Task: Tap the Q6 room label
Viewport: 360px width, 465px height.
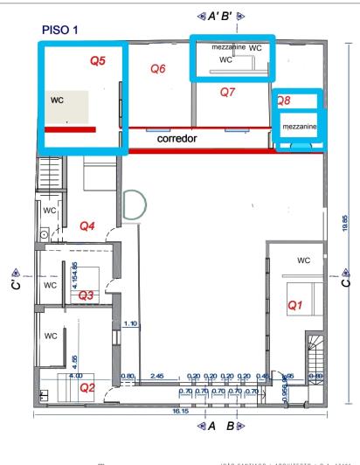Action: coord(158,68)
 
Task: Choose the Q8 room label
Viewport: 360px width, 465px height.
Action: coord(284,101)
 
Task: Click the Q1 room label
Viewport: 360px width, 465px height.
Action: coord(294,305)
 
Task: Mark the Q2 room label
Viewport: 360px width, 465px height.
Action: coord(87,386)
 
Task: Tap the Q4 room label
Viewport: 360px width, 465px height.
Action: coord(87,226)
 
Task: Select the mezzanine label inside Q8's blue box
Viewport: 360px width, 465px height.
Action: coord(299,128)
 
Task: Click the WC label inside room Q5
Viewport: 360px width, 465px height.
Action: coord(58,100)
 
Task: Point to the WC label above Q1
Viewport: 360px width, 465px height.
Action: coord(304,260)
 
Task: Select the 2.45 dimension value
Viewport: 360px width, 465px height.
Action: coord(158,376)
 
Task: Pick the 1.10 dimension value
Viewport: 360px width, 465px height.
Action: coord(131,324)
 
